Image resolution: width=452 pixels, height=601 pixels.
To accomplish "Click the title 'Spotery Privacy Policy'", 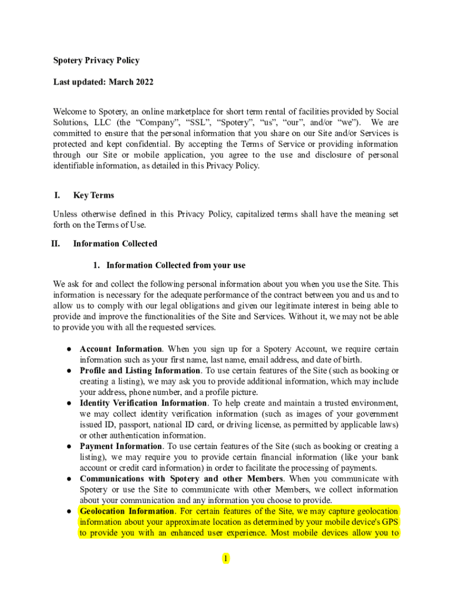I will click(96, 60).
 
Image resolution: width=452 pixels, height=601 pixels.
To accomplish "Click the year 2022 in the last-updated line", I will click(144, 82).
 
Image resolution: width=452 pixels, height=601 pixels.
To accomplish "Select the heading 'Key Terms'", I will click(93, 195).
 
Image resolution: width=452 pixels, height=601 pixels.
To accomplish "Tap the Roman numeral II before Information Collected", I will click(56, 244).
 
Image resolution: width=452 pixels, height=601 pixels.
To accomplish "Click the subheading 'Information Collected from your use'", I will click(176, 265).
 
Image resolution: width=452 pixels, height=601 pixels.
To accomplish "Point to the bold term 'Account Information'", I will click(121, 349).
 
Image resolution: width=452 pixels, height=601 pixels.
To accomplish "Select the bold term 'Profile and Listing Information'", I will click(140, 370).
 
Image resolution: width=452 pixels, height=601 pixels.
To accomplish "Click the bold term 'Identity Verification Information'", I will click(143, 403).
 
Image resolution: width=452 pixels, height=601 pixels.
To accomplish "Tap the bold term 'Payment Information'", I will click(121, 446).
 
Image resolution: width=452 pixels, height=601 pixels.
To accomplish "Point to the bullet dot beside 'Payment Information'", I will click(68, 447).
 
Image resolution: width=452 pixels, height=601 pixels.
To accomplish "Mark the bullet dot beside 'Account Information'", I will click(68, 349).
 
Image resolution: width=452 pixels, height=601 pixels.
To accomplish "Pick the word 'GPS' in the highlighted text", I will click(389, 522).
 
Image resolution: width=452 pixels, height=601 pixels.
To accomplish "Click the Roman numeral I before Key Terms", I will click(57, 195).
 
